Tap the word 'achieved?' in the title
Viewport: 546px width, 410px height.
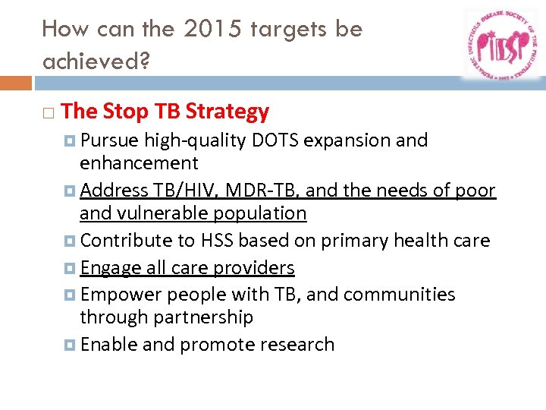pyautogui.click(x=96, y=61)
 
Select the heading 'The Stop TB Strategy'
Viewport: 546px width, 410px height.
pyautogui.click(x=165, y=112)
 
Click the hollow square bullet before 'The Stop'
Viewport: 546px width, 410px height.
pyautogui.click(x=49, y=112)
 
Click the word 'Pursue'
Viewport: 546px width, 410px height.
pyautogui.click(x=109, y=140)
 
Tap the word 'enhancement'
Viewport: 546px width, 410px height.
pyautogui.click(x=139, y=163)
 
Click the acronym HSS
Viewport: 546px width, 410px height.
pyautogui.click(x=217, y=241)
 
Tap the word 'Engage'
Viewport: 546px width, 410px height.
pyautogui.click(x=111, y=268)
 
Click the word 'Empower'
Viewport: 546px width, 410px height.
pyautogui.click(x=121, y=294)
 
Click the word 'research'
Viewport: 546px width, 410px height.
pyautogui.click(x=297, y=344)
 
